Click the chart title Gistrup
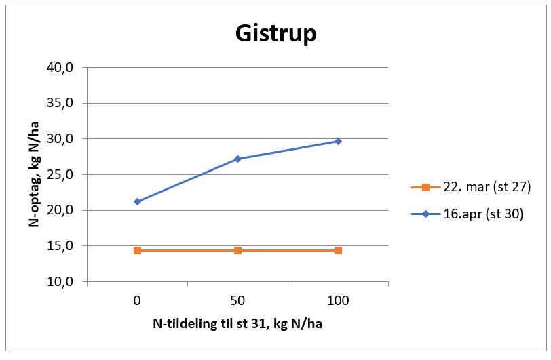point(275,33)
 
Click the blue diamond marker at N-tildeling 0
point(137,201)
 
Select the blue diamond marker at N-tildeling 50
point(237,159)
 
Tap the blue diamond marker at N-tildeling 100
point(338,141)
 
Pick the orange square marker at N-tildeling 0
point(137,250)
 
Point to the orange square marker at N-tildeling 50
point(237,250)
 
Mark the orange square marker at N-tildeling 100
point(338,250)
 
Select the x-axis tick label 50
point(237,300)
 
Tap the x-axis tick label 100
point(338,300)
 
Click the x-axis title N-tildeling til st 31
point(237,323)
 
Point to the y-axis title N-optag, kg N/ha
point(33,174)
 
